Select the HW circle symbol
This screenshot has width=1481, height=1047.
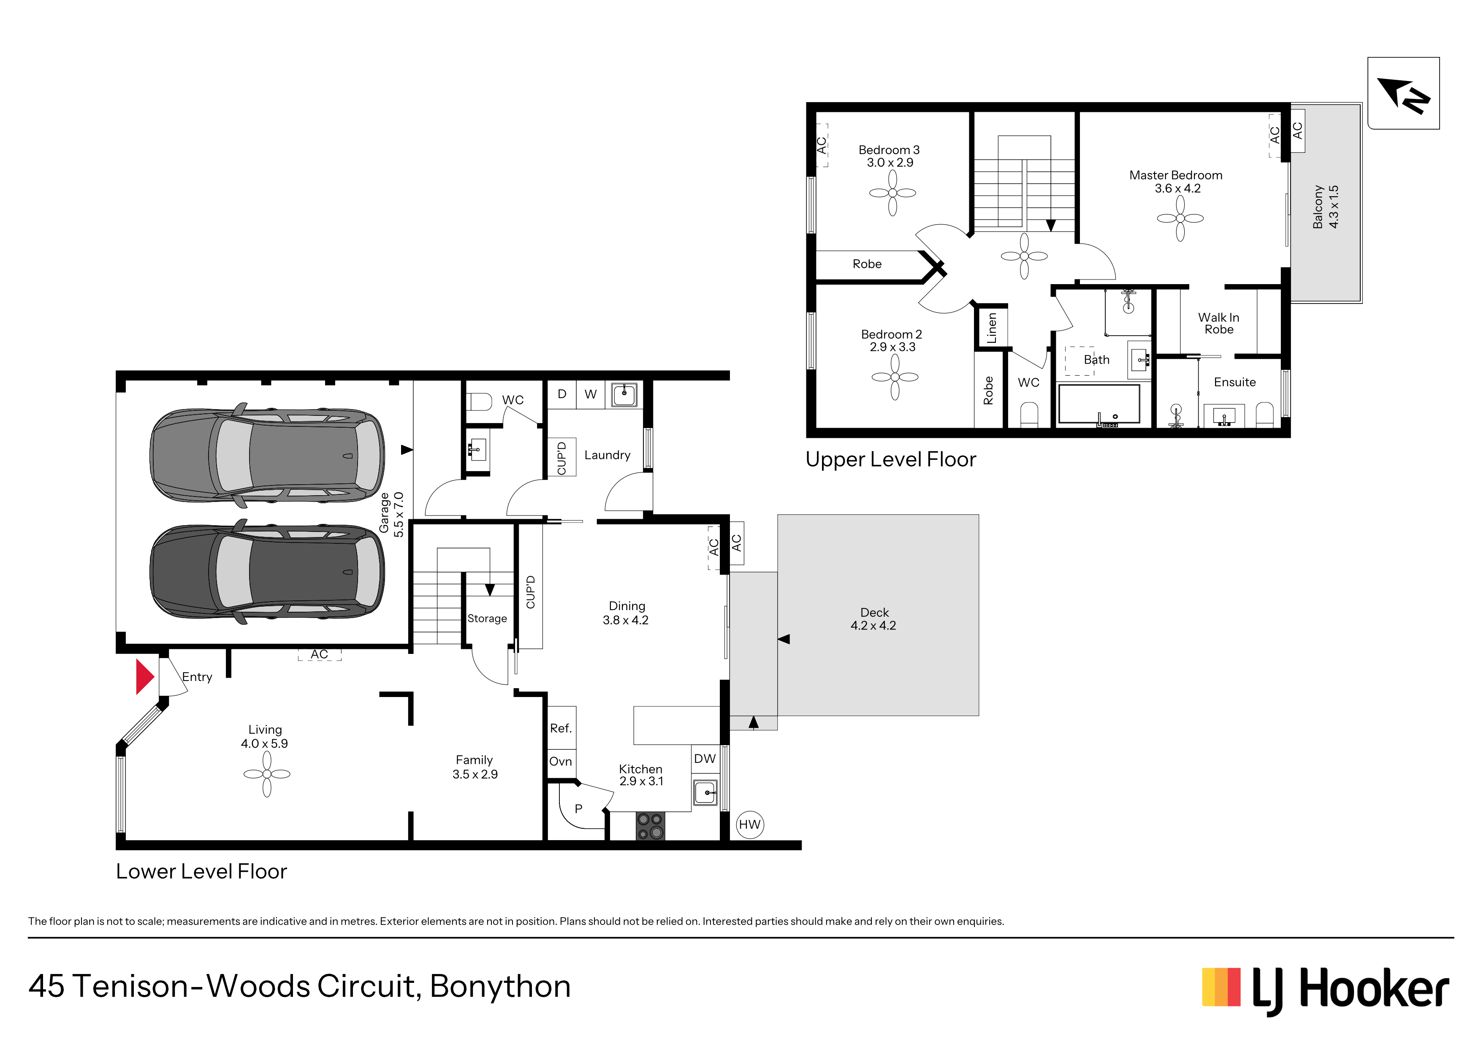click(749, 825)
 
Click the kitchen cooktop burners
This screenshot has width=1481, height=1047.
click(650, 826)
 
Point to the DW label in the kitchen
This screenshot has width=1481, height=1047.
click(704, 759)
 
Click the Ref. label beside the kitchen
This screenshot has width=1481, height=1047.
click(561, 728)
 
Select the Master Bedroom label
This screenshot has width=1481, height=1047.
click(1176, 176)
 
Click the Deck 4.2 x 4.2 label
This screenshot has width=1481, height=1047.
click(873, 618)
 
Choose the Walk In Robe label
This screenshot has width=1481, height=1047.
click(1218, 323)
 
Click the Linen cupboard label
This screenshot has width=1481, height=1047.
click(991, 328)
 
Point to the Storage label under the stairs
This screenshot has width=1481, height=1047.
click(487, 618)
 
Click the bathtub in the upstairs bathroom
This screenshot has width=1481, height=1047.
click(1099, 404)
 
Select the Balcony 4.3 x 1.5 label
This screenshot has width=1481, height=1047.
click(1326, 206)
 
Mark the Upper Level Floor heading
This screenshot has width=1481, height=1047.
click(891, 459)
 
